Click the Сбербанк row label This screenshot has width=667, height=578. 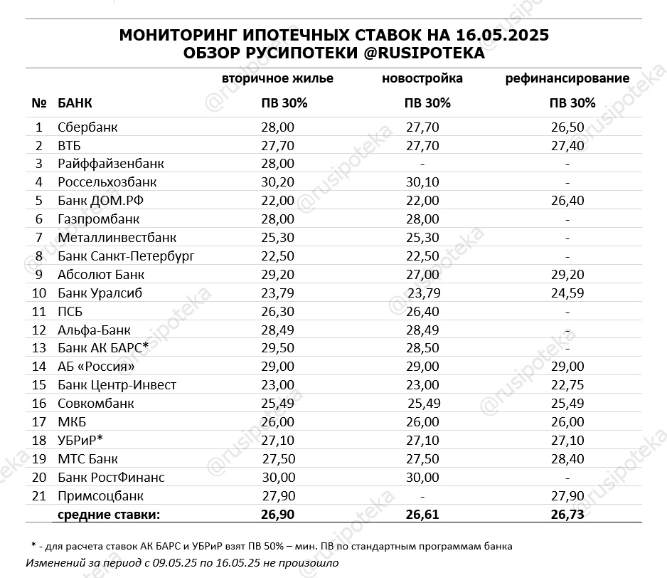coord(87,127)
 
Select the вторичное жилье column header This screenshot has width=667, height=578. coord(277,78)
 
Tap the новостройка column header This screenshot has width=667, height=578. coord(422,78)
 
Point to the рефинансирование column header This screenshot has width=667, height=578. coord(567,78)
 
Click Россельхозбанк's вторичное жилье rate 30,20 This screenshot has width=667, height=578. coord(277,182)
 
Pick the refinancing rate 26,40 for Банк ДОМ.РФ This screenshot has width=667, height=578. coord(567,201)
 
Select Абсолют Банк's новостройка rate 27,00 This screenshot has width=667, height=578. coord(422,275)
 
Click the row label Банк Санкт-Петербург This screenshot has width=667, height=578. coord(126,256)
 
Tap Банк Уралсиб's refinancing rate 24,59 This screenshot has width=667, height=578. coord(567,293)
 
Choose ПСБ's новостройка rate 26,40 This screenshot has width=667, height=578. coord(422,311)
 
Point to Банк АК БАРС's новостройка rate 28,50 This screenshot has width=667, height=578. coord(422,348)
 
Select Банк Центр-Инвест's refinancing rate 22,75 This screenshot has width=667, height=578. coord(567,385)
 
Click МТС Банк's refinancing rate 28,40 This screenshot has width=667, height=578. coord(567,459)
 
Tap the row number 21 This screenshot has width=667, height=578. coord(38,496)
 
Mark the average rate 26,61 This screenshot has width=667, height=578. coord(422,514)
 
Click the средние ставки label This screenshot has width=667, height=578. coord(109,514)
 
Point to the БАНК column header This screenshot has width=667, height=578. coord(75,103)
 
